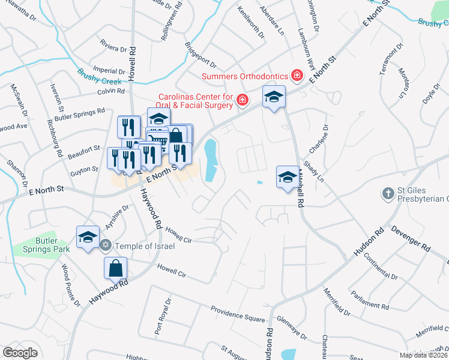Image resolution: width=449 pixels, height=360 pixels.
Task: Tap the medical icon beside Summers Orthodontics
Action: [296, 76]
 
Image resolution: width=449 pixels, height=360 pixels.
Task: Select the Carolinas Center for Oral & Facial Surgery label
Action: [195, 101]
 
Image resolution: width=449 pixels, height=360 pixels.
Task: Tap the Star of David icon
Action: [106, 245]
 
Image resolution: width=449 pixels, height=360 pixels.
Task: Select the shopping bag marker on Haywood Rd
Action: [116, 269]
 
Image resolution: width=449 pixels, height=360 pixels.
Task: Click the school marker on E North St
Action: [274, 97]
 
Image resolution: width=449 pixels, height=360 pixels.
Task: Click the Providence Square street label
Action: [238, 314]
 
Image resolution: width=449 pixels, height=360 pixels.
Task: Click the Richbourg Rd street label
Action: [56, 137]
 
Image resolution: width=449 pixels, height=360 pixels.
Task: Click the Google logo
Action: [20, 352]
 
